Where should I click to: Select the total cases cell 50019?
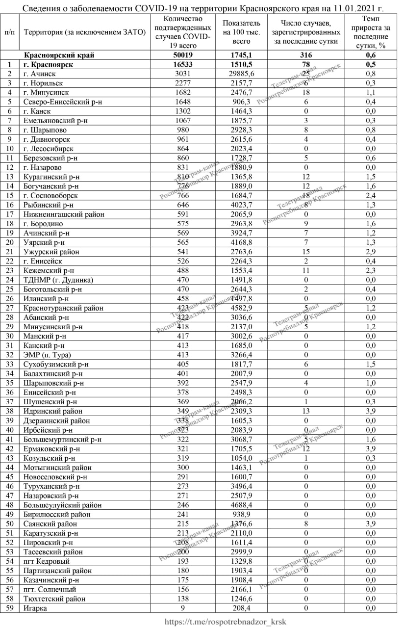pos(181,55)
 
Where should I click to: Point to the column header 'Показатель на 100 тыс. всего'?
pos(241,32)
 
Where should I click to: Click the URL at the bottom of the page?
pos(226,621)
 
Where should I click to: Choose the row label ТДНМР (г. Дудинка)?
pos(58,280)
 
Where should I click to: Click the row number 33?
pos(9,364)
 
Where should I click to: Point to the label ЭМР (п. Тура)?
pos(47,355)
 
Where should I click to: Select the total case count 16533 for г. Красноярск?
pos(181,64)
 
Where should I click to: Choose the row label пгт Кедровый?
pos(47,561)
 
